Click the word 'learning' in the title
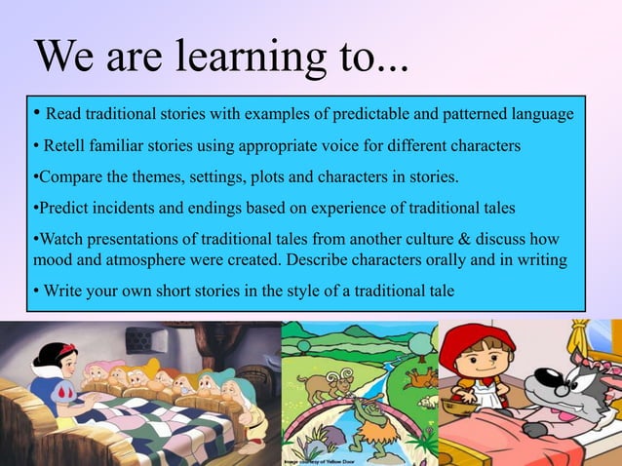253,60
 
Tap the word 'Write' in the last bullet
65,292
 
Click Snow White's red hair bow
65,349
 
